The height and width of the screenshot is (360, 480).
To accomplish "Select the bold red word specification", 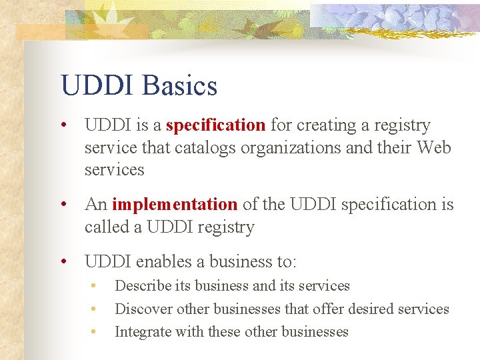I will tap(215, 125).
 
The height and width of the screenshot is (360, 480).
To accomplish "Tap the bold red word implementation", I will tap(175, 204).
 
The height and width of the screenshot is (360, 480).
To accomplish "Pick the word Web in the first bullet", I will tap(433, 147).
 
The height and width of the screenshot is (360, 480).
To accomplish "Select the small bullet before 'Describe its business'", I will tap(95, 286).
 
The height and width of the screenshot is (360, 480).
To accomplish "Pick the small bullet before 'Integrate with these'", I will tap(95, 332).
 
